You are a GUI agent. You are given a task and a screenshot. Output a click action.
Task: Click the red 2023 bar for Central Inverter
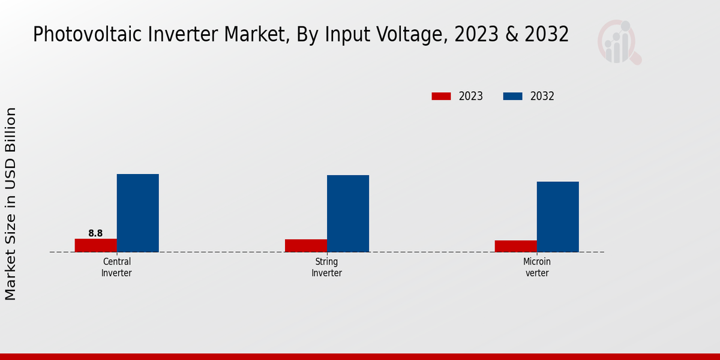tap(95, 245)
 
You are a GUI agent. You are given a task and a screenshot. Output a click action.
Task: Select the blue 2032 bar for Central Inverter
tap(137, 213)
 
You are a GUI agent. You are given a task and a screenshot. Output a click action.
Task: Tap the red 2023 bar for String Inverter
tap(306, 245)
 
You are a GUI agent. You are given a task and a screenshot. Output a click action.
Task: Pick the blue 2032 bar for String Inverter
tap(348, 214)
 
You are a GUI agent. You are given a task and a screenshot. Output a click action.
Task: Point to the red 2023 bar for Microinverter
tap(516, 246)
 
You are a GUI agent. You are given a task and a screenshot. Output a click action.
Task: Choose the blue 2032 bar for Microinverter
tap(558, 217)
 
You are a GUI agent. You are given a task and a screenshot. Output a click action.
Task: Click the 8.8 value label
tap(95, 233)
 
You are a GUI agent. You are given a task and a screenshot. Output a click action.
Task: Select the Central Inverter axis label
tap(116, 268)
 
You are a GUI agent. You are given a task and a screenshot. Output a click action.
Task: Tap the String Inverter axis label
tap(326, 268)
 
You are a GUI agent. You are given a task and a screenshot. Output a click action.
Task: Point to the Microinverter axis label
tap(536, 268)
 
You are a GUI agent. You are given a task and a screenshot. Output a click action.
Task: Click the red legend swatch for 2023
tap(441, 96)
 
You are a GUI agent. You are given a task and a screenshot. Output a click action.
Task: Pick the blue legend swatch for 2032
tap(512, 96)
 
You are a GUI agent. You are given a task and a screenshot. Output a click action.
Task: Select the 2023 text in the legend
tap(471, 96)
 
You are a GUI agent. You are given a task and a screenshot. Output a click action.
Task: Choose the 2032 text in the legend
tap(542, 96)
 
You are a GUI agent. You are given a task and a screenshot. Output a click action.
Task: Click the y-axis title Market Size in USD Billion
tap(11, 204)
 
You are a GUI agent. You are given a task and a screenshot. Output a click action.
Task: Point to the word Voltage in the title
tap(415, 35)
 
